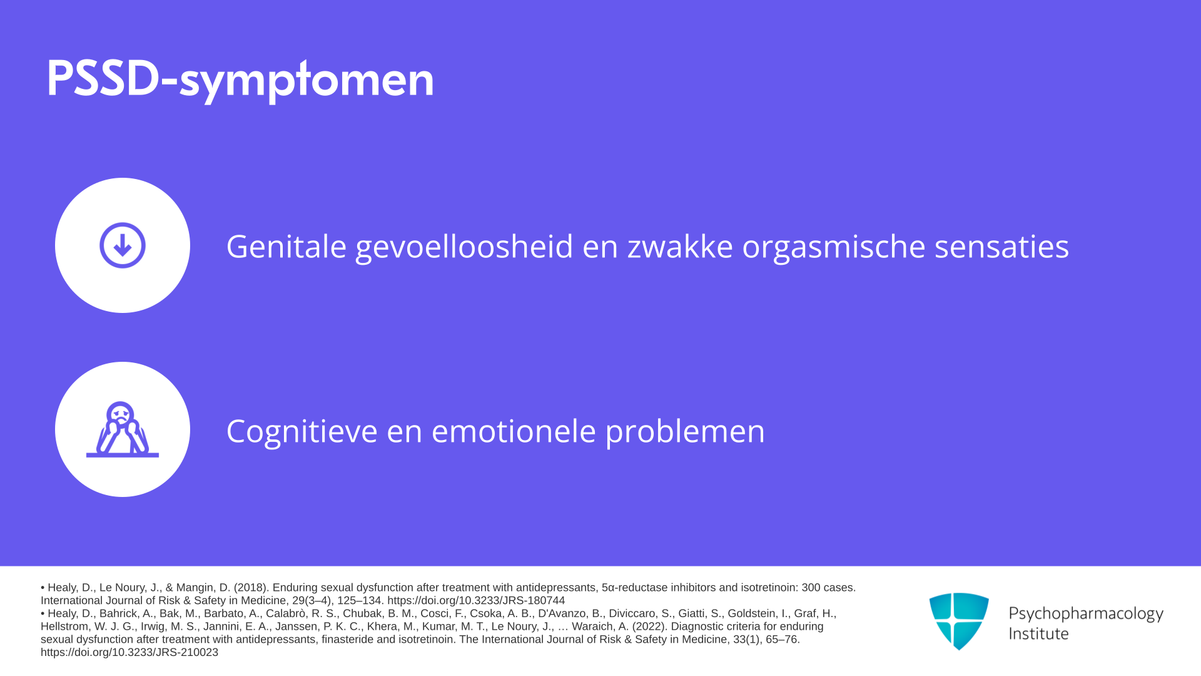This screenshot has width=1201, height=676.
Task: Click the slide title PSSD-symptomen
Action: [240, 80]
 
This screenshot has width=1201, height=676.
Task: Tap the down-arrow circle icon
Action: [123, 245]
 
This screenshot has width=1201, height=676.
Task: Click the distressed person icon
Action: [123, 429]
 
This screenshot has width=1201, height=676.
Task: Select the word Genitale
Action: [286, 246]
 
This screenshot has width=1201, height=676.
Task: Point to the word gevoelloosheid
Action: [464, 247]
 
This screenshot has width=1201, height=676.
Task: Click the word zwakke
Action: [680, 246]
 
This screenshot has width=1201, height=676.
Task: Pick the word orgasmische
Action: [834, 247]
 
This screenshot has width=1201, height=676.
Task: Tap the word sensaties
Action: [1002, 246]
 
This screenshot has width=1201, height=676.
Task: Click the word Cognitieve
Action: [302, 432]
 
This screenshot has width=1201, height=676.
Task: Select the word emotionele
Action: [514, 431]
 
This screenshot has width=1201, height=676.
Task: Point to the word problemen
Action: [685, 432]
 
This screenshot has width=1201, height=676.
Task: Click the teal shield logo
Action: [959, 621]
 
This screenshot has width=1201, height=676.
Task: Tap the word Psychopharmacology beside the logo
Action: [1086, 614]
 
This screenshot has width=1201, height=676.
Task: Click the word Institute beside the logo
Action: [1038, 633]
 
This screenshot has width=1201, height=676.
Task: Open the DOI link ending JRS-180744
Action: [476, 600]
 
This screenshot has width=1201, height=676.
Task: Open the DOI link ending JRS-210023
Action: [129, 652]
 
